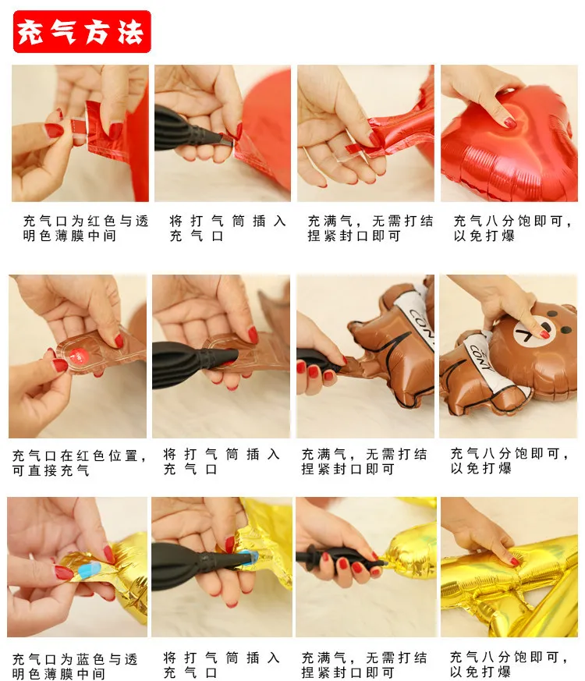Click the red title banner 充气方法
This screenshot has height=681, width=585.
[x=82, y=32]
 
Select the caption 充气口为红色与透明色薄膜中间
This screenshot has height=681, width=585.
[x=86, y=229]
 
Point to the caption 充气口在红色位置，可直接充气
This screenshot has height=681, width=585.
[x=79, y=463]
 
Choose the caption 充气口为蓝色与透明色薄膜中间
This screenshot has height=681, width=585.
[x=75, y=666]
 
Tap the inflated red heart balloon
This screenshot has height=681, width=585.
[x=509, y=144]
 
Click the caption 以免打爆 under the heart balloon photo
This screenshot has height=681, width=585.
[x=484, y=236]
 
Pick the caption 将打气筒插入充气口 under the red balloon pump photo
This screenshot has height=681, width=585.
[x=228, y=229]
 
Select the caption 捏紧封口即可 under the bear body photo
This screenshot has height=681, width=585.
[x=348, y=469]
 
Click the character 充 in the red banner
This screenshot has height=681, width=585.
[x=30, y=32]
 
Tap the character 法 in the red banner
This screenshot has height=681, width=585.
[x=131, y=32]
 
